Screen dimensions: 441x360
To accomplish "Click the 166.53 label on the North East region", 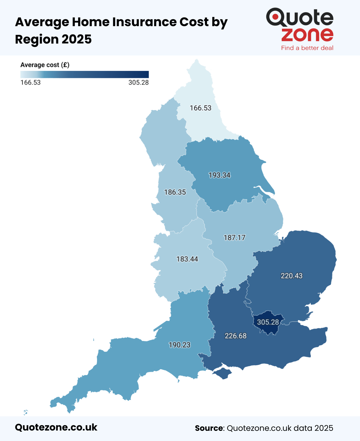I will click(x=200, y=108).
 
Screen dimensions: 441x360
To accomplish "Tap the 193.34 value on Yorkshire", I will click(x=219, y=175).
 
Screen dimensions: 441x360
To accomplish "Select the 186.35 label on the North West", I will click(x=175, y=192).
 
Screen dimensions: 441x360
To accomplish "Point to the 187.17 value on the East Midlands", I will click(x=234, y=238).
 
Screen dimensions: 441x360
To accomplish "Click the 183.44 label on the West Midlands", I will click(x=187, y=259).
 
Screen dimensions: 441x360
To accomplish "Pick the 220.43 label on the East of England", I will click(x=291, y=276).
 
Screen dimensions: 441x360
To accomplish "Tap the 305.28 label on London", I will click(x=268, y=322).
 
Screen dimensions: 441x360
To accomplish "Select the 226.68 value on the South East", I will click(x=235, y=336).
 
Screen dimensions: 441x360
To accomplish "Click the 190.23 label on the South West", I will click(x=179, y=345).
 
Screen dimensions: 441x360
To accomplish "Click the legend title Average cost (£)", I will click(x=45, y=65).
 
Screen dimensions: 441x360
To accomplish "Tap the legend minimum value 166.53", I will click(x=30, y=83).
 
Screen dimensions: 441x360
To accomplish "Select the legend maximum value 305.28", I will click(x=138, y=83).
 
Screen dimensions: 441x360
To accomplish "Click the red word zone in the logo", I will click(x=307, y=35).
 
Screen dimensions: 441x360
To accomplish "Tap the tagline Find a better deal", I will click(x=307, y=48).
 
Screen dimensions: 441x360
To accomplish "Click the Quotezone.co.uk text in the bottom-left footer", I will click(x=56, y=427).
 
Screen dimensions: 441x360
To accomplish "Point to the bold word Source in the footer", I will click(x=209, y=428).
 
